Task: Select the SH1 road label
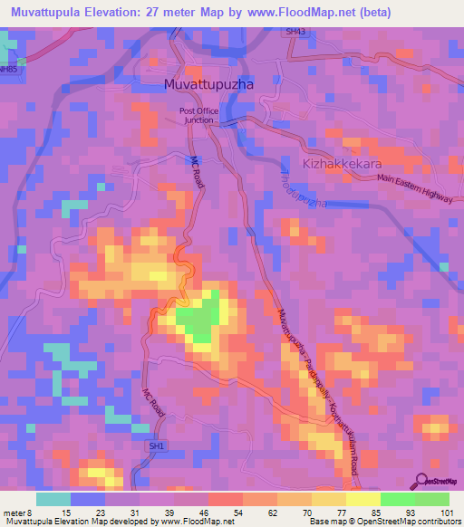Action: (x=158, y=446)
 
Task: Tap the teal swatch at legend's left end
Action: (x=53, y=498)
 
